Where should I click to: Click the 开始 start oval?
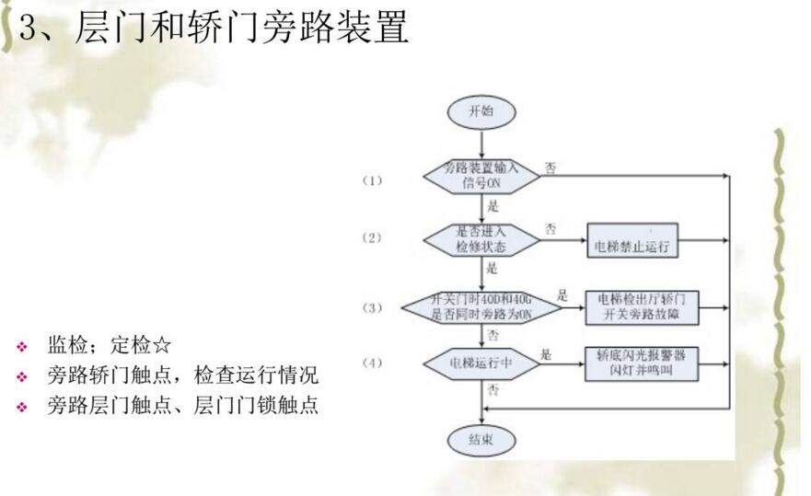pos(481,111)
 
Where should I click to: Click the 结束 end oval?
pos(481,440)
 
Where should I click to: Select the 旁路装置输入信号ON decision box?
pos(481,175)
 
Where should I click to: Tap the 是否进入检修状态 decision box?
pos(481,238)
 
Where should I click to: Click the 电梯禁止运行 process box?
pos(631,246)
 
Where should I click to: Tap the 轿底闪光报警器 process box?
pos(641,363)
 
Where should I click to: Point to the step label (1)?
pos(371,181)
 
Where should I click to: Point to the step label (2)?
pos(371,237)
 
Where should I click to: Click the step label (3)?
pos(371,307)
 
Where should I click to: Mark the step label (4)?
pos(371,363)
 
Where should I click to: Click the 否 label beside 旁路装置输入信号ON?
pos(550,168)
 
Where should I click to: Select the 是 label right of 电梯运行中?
pos(546,355)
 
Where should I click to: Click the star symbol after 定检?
pos(161,346)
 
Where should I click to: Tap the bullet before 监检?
pos(22,347)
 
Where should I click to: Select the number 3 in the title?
pos(28,29)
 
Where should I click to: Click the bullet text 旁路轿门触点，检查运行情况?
pos(182,375)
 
